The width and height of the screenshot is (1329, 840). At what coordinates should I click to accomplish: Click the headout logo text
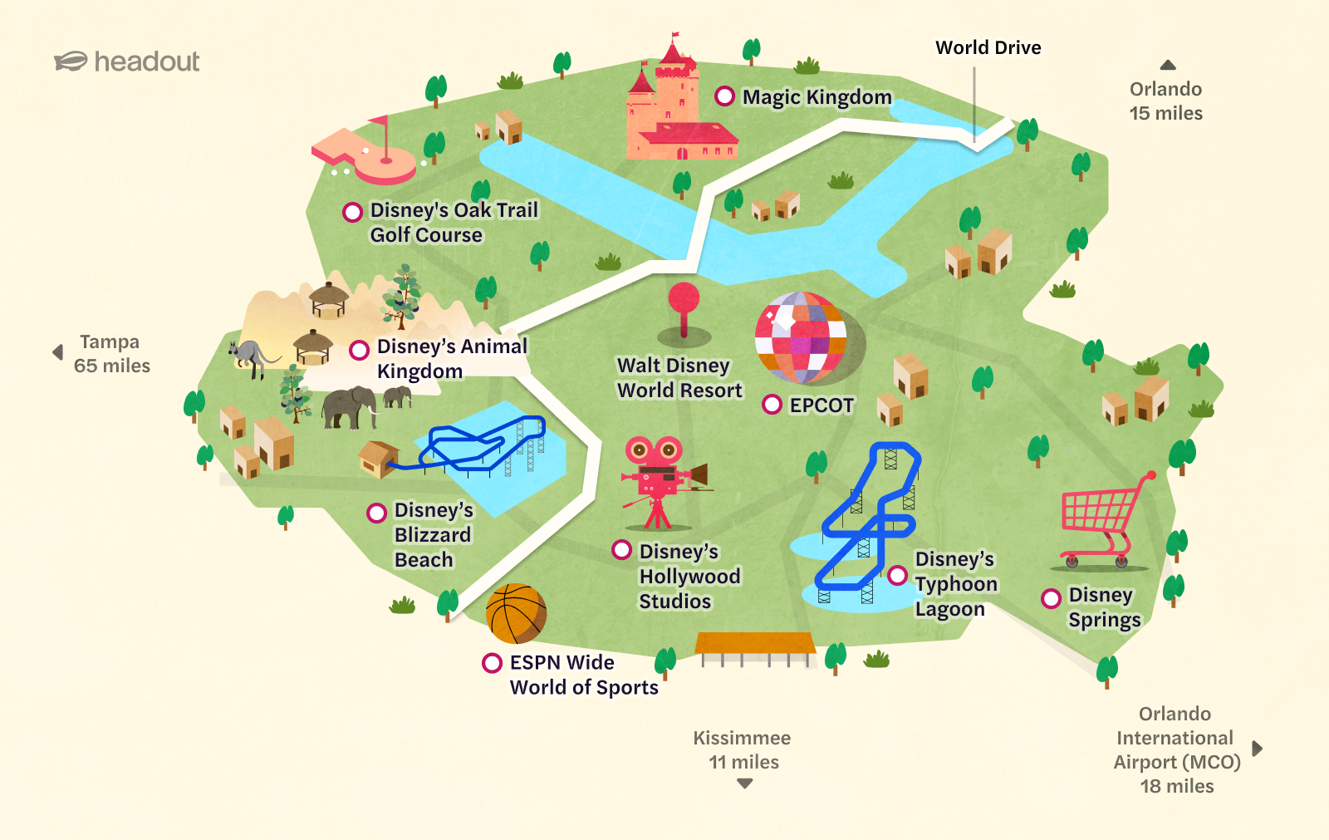coord(146,61)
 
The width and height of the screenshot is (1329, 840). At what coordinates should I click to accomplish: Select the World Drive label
coord(988,47)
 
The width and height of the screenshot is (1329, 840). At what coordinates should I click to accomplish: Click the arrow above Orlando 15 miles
coord(1168,65)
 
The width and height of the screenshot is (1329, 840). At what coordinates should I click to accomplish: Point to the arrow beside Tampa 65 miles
coord(57,352)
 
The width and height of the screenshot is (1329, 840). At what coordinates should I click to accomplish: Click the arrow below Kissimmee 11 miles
coord(744,784)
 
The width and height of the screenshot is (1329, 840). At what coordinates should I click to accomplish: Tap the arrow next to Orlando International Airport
coord(1257,749)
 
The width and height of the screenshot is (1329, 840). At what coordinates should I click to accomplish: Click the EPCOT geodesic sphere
coord(801,337)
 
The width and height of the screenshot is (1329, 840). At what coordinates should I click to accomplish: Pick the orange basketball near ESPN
coord(516,614)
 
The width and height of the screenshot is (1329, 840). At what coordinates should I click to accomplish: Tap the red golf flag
coord(380,125)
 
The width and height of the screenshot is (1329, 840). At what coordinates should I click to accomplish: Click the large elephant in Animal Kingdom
coord(350,406)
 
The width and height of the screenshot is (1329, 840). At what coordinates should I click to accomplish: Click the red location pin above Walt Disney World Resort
coord(684,304)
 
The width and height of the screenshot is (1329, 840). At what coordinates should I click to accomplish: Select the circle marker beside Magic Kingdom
coord(724,96)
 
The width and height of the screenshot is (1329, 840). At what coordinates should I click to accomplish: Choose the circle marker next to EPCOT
coord(772,405)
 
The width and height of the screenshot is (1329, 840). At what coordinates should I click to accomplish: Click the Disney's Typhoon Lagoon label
coord(955,584)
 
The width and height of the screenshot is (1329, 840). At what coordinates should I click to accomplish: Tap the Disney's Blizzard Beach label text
coord(433,535)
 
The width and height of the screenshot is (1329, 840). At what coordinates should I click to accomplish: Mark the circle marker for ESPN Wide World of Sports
coord(492,662)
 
